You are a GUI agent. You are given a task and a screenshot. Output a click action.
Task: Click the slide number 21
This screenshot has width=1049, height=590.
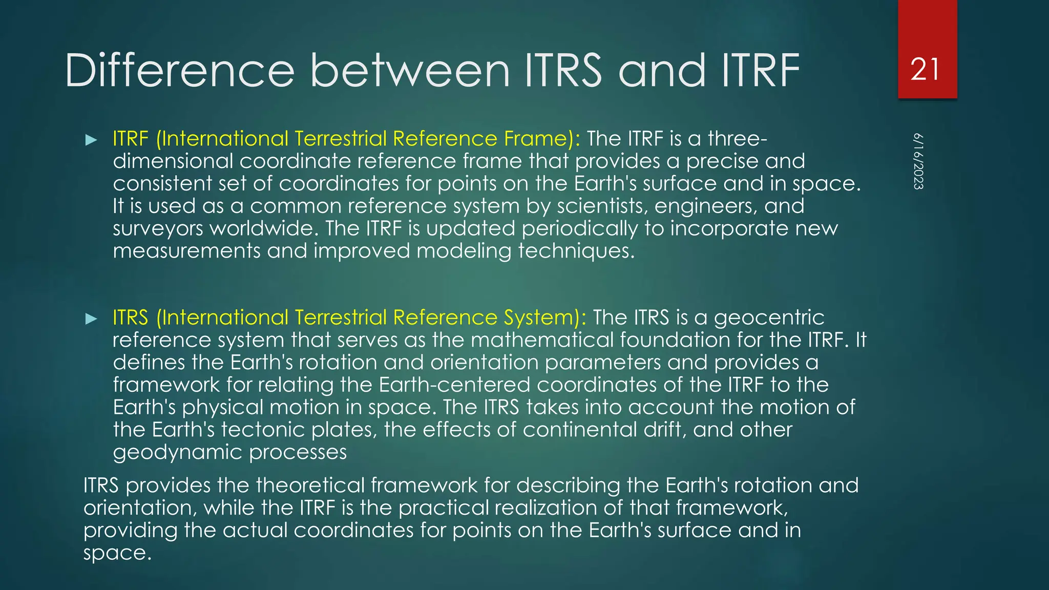(925, 70)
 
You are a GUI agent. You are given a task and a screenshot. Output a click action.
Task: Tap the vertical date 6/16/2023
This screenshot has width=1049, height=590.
(918, 161)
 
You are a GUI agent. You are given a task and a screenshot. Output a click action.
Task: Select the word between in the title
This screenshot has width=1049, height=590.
(410, 71)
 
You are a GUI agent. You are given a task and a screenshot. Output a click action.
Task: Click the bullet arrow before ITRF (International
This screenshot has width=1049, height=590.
(91, 140)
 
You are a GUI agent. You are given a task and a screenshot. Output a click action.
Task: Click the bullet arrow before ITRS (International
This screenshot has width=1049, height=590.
(91, 319)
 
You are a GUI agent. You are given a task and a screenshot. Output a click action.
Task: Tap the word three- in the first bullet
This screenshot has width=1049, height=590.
(738, 139)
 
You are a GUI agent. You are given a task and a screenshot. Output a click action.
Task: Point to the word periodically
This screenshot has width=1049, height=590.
(580, 228)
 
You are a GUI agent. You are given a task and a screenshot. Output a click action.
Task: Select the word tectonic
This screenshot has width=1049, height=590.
(263, 430)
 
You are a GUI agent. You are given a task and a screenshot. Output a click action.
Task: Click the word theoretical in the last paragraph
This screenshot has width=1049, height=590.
(310, 486)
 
